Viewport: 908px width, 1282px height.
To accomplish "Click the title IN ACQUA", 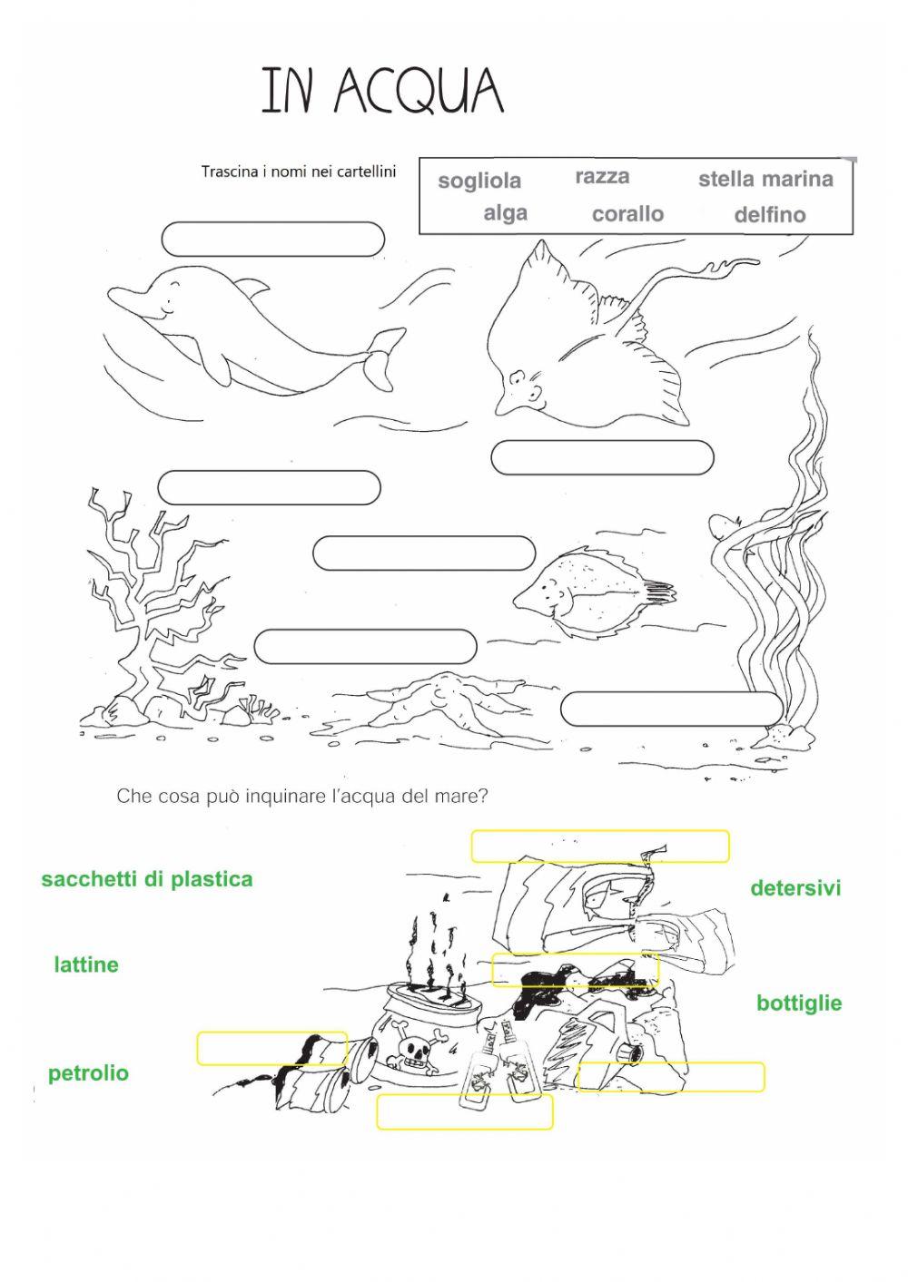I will click(x=382, y=91).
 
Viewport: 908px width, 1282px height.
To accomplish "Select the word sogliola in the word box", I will click(x=479, y=181).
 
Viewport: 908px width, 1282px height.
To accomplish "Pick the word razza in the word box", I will click(x=602, y=177).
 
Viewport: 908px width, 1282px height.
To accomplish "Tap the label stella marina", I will click(x=765, y=179).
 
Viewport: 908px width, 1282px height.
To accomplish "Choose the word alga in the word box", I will click(x=505, y=213).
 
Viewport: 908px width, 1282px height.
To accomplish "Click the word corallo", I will click(x=627, y=214).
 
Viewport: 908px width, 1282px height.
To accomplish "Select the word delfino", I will click(x=769, y=215).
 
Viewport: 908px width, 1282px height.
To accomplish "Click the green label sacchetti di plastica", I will click(x=147, y=879).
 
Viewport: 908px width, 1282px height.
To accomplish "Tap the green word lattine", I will click(x=86, y=964).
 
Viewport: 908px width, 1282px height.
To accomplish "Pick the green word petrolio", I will click(x=88, y=1073).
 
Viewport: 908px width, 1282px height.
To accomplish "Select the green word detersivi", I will click(x=795, y=888).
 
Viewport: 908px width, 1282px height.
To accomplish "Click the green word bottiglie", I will click(x=799, y=1003).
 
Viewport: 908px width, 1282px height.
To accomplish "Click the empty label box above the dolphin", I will click(x=272, y=240).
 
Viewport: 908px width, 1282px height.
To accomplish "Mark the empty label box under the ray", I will click(x=602, y=457).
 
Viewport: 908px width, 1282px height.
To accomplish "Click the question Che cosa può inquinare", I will click(x=302, y=797).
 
